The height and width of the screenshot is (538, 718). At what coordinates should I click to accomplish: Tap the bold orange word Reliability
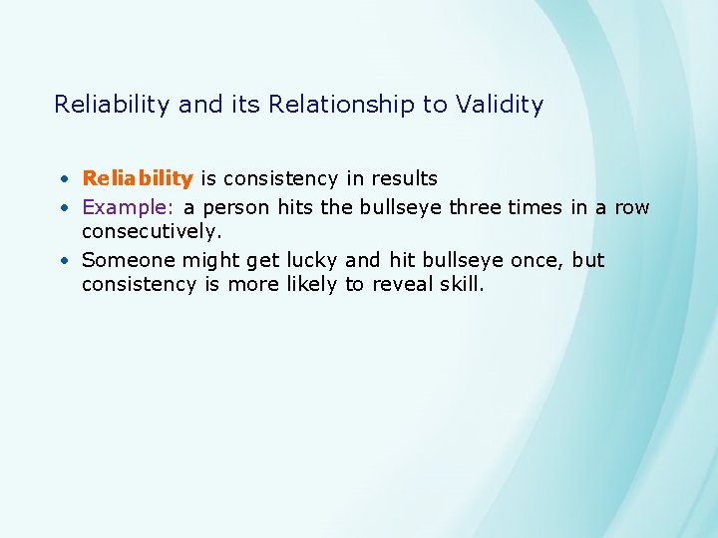tap(138, 178)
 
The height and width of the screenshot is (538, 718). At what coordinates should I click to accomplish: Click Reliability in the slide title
tap(111, 105)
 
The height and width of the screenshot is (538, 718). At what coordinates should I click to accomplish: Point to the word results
tap(404, 178)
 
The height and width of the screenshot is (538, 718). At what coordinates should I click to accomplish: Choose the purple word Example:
tap(128, 207)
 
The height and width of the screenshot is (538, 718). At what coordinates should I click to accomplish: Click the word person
tap(228, 207)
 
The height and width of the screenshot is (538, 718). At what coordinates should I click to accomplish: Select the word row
tap(631, 207)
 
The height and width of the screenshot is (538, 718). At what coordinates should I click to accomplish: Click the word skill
tap(460, 285)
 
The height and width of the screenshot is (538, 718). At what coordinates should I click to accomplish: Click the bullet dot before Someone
tap(63, 261)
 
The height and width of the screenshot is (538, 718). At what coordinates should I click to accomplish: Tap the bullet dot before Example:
tap(63, 208)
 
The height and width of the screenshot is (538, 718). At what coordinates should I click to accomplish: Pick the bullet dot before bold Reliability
tap(63, 179)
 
